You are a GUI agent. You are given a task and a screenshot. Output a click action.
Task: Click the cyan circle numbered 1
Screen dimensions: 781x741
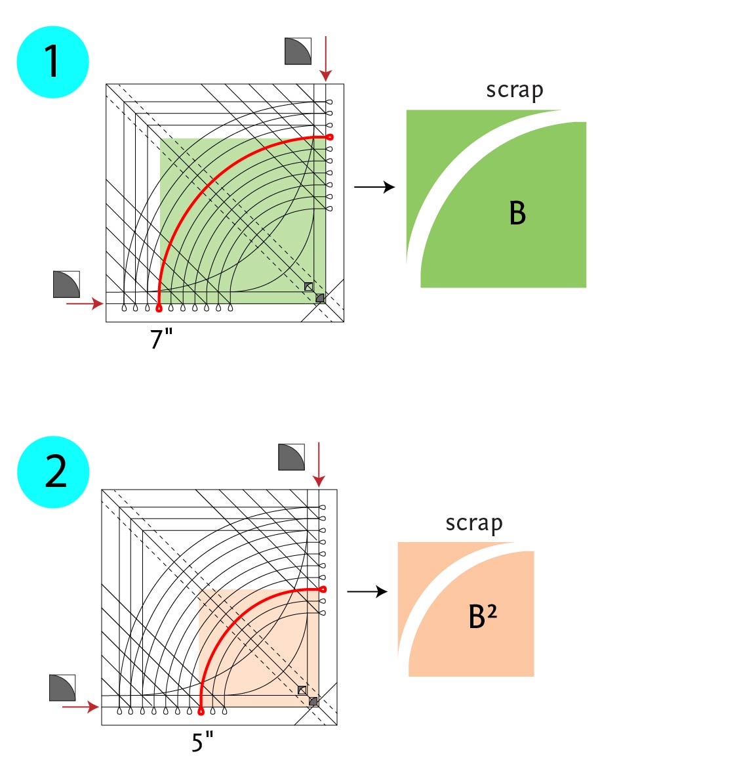click(52, 62)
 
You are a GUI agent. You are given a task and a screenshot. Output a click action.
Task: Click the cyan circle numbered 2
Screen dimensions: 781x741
click(53, 471)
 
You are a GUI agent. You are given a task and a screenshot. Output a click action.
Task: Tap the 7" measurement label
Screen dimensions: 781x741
click(161, 339)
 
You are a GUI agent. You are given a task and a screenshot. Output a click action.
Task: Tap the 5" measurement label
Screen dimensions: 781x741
click(203, 742)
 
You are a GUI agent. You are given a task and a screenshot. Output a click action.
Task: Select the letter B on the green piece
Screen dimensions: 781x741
click(517, 213)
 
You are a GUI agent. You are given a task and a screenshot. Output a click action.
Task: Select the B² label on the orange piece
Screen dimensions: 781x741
click(483, 617)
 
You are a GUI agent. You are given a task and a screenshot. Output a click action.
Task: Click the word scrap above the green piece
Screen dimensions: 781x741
click(515, 91)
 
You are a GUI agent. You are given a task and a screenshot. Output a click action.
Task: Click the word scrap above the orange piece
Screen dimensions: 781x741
click(474, 523)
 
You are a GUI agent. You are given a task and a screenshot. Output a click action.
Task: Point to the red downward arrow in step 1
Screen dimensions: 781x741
click(325, 59)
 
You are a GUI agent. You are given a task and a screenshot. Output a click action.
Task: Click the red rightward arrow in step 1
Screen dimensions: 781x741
click(85, 303)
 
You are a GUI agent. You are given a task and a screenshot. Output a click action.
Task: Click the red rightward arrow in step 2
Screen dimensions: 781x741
click(80, 707)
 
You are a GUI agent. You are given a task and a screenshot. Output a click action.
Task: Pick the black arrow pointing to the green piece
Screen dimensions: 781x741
click(374, 187)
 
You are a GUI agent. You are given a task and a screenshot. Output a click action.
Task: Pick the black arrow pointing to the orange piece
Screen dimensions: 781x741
click(367, 592)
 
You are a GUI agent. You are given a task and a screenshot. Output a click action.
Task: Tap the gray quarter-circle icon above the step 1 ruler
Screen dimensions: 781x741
click(298, 51)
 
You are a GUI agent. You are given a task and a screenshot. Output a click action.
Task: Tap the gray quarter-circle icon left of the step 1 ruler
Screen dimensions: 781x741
click(66, 284)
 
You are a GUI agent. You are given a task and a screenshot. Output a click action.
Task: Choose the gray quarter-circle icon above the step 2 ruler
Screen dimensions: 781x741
click(291, 457)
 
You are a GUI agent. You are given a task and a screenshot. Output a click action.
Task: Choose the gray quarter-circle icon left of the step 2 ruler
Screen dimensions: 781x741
click(62, 688)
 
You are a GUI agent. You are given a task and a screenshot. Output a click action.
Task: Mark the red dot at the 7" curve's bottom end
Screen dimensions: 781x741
click(159, 307)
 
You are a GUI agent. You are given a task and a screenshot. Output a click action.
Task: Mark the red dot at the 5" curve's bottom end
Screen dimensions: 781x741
click(201, 711)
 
